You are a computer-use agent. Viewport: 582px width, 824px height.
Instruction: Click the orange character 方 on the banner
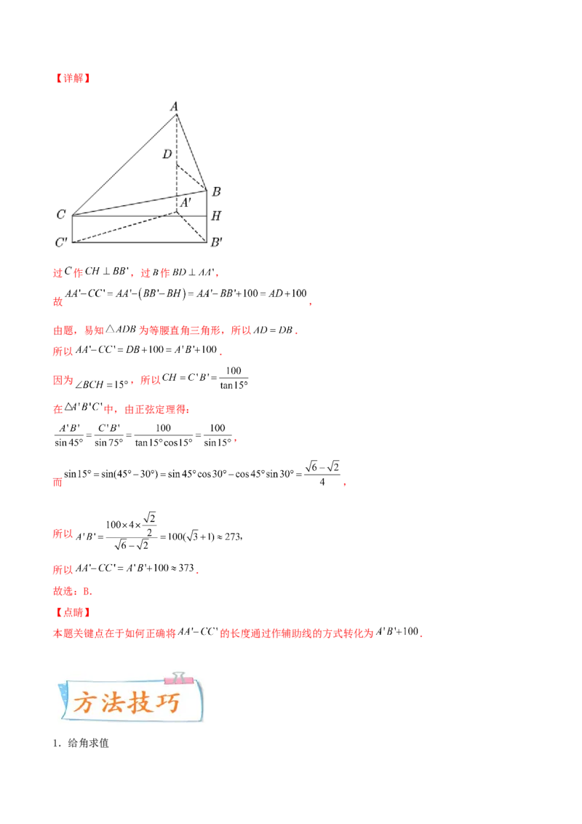(x=85, y=703)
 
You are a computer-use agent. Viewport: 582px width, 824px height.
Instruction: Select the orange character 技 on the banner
(x=142, y=703)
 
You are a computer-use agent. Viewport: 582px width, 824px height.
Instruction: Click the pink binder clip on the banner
(x=175, y=678)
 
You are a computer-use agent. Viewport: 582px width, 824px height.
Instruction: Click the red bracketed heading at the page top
(x=72, y=79)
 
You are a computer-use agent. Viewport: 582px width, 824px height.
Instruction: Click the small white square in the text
(x=258, y=322)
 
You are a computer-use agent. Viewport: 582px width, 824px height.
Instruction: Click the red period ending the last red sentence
(x=423, y=636)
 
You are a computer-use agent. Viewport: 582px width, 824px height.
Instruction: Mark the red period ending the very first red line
(x=218, y=275)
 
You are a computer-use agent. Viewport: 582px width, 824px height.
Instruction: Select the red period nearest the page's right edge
(x=345, y=484)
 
